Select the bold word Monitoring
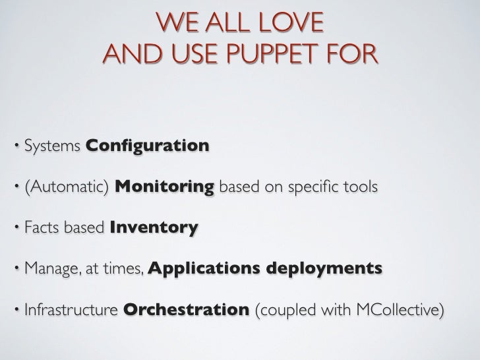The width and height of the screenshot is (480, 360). click(x=164, y=187)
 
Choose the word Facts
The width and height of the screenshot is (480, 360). click(x=41, y=229)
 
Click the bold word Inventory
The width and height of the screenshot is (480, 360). click(x=154, y=229)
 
